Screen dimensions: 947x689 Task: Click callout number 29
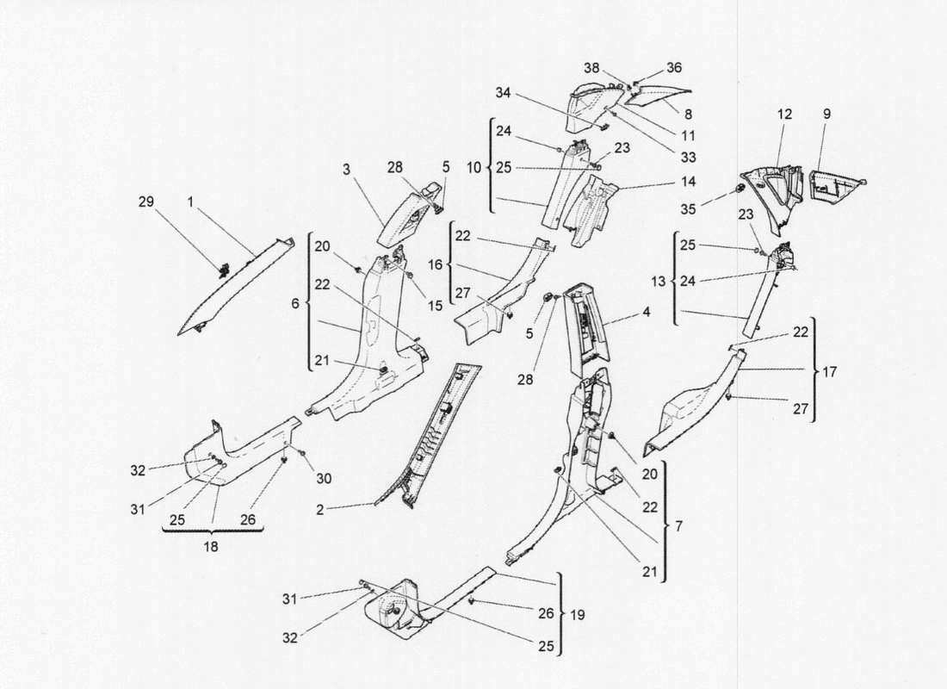click(146, 202)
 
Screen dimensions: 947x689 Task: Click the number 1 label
click(190, 202)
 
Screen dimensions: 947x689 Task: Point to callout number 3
click(347, 170)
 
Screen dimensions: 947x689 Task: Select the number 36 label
click(674, 67)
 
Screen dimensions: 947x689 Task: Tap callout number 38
click(592, 68)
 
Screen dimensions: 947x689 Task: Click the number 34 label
click(503, 92)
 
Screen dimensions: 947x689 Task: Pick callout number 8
click(688, 114)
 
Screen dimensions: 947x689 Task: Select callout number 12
click(784, 114)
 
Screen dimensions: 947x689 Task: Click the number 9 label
click(826, 114)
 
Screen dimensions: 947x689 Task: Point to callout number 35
click(689, 209)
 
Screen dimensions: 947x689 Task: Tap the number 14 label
click(689, 182)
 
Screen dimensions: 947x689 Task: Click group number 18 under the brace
click(211, 547)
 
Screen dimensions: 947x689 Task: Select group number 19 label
click(578, 615)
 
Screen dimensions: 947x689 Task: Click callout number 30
click(324, 478)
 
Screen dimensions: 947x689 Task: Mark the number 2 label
click(320, 510)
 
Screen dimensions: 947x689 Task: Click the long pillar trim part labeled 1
click(238, 285)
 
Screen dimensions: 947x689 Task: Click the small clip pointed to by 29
click(224, 270)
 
